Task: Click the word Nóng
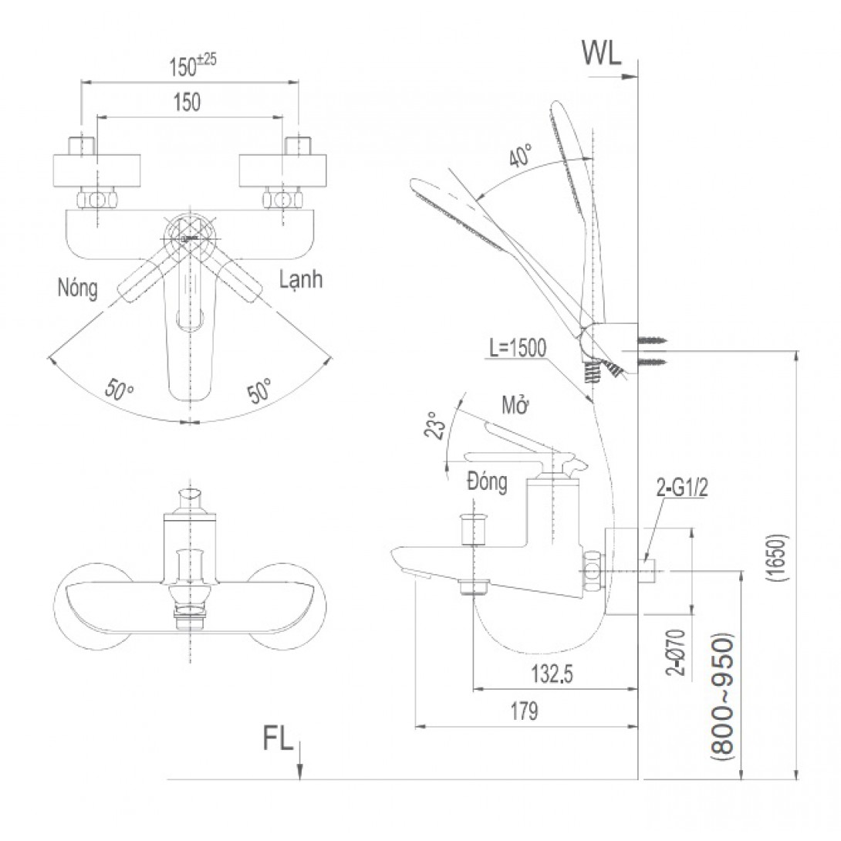point(77,289)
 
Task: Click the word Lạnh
point(301,280)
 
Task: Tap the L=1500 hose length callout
point(515,349)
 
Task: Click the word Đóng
point(487,483)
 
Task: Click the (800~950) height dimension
point(723,699)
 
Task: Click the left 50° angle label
point(120,390)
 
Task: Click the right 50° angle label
point(260,389)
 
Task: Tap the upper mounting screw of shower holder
point(653,339)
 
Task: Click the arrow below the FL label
point(300,760)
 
